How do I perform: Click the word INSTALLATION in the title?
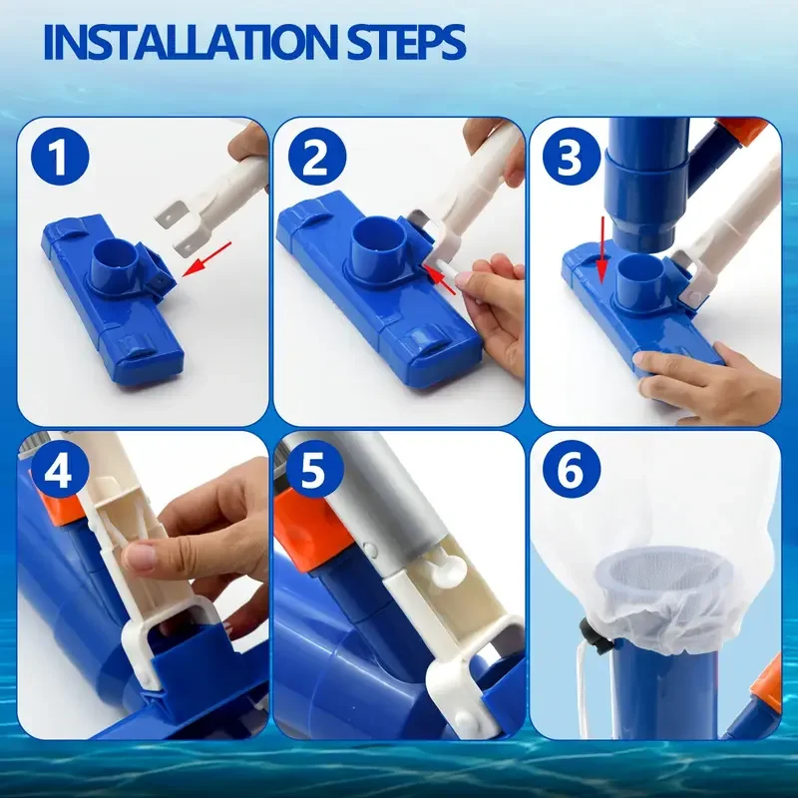(192, 42)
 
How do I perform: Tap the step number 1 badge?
(60, 157)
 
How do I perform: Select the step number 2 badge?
(317, 157)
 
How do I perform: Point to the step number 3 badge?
(572, 157)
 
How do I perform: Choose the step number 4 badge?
(60, 470)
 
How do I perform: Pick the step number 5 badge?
(315, 470)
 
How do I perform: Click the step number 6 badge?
(572, 470)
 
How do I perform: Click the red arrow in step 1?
(206, 259)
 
